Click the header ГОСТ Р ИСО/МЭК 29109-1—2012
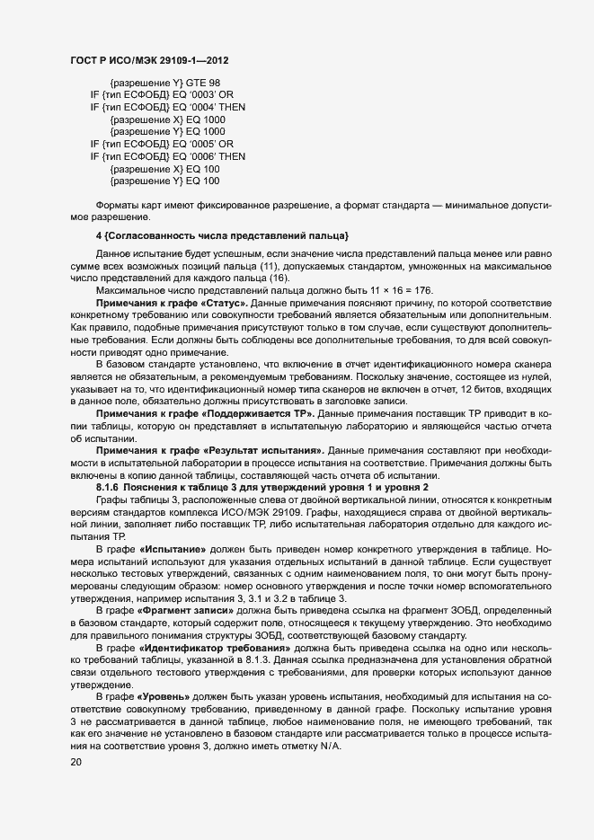point(148,59)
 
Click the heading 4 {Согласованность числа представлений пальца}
point(222,236)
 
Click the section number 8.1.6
point(109,486)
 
